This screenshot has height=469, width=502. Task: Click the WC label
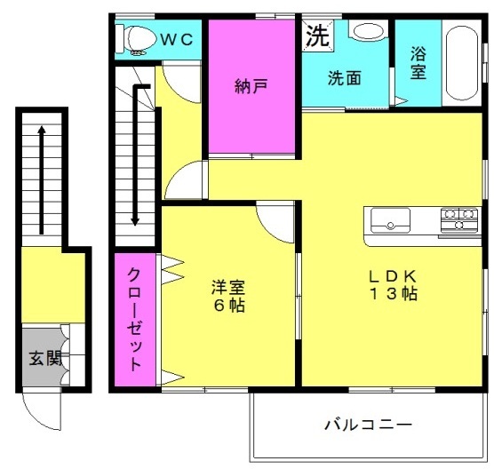177,40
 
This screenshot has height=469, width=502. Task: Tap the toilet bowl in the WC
138,39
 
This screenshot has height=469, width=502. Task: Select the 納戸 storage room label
251,86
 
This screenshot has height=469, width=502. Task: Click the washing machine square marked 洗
318,36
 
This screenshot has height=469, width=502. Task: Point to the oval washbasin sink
368,32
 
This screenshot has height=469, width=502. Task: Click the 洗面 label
344,78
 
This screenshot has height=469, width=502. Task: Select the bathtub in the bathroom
462,63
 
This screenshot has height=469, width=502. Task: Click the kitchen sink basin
390,220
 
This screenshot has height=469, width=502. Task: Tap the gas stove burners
459,219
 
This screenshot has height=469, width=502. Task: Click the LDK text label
393,276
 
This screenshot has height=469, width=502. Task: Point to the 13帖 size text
394,293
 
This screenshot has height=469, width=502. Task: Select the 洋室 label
228,287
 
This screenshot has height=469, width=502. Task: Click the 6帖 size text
229,305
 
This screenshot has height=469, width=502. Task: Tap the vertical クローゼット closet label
134,319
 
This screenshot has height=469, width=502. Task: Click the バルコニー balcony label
368,425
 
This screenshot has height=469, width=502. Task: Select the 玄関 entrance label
46,358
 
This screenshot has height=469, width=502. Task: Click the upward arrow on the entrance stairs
41,180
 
